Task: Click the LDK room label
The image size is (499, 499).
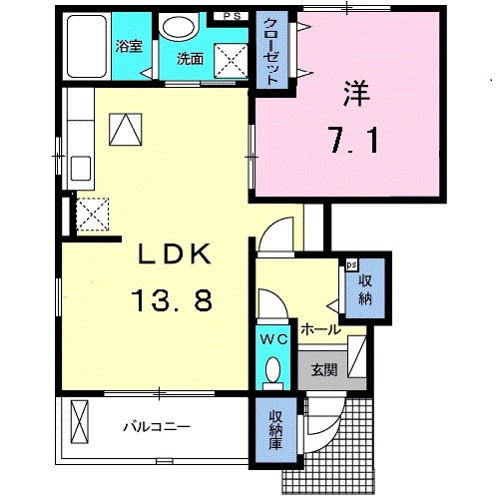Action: coord(175,253)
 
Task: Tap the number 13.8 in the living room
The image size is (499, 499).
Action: coord(172,300)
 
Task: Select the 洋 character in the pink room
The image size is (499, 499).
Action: coord(356,94)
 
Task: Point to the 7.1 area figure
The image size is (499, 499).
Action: coord(355,140)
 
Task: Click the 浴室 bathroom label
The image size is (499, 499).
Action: coord(129,47)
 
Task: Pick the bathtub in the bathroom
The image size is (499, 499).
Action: coord(87,46)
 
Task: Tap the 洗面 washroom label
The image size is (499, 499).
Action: coord(190,59)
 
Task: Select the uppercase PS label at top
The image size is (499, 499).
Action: coord(232,16)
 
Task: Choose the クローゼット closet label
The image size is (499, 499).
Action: coord(271,51)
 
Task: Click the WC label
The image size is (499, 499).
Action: coord(273,339)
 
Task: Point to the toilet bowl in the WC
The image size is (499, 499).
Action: coord(273,369)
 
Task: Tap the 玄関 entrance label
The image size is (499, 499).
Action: coord(324,369)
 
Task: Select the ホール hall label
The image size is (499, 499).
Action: coord(321,329)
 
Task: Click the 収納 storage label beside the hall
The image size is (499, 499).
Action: coord(365,289)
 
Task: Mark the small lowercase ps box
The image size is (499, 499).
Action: coord(351,265)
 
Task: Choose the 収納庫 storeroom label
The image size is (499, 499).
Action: coord(275,429)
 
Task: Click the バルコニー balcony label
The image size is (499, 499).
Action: coord(157,426)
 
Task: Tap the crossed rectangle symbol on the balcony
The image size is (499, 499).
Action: coord(80,421)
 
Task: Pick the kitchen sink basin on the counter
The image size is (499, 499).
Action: coord(81,168)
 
